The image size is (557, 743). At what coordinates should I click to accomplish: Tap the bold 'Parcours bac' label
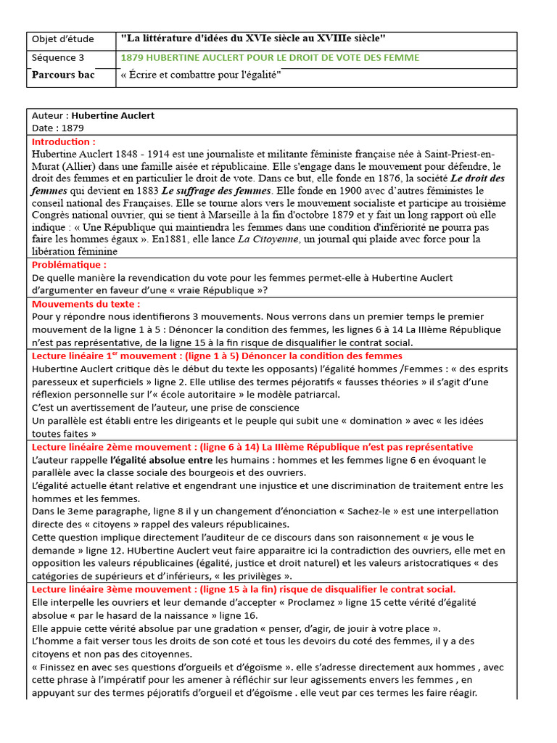63,75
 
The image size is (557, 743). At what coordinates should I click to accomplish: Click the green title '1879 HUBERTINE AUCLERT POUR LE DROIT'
269,58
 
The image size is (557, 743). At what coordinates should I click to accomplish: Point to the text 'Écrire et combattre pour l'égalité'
204,75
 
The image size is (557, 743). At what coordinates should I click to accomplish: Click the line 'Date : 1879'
58,128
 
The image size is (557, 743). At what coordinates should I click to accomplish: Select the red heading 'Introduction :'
64,141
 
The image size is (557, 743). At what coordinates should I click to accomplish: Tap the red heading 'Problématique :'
70,265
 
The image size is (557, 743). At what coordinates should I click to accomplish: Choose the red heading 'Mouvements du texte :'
86,304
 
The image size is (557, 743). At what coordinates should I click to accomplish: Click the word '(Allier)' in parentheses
78,166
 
